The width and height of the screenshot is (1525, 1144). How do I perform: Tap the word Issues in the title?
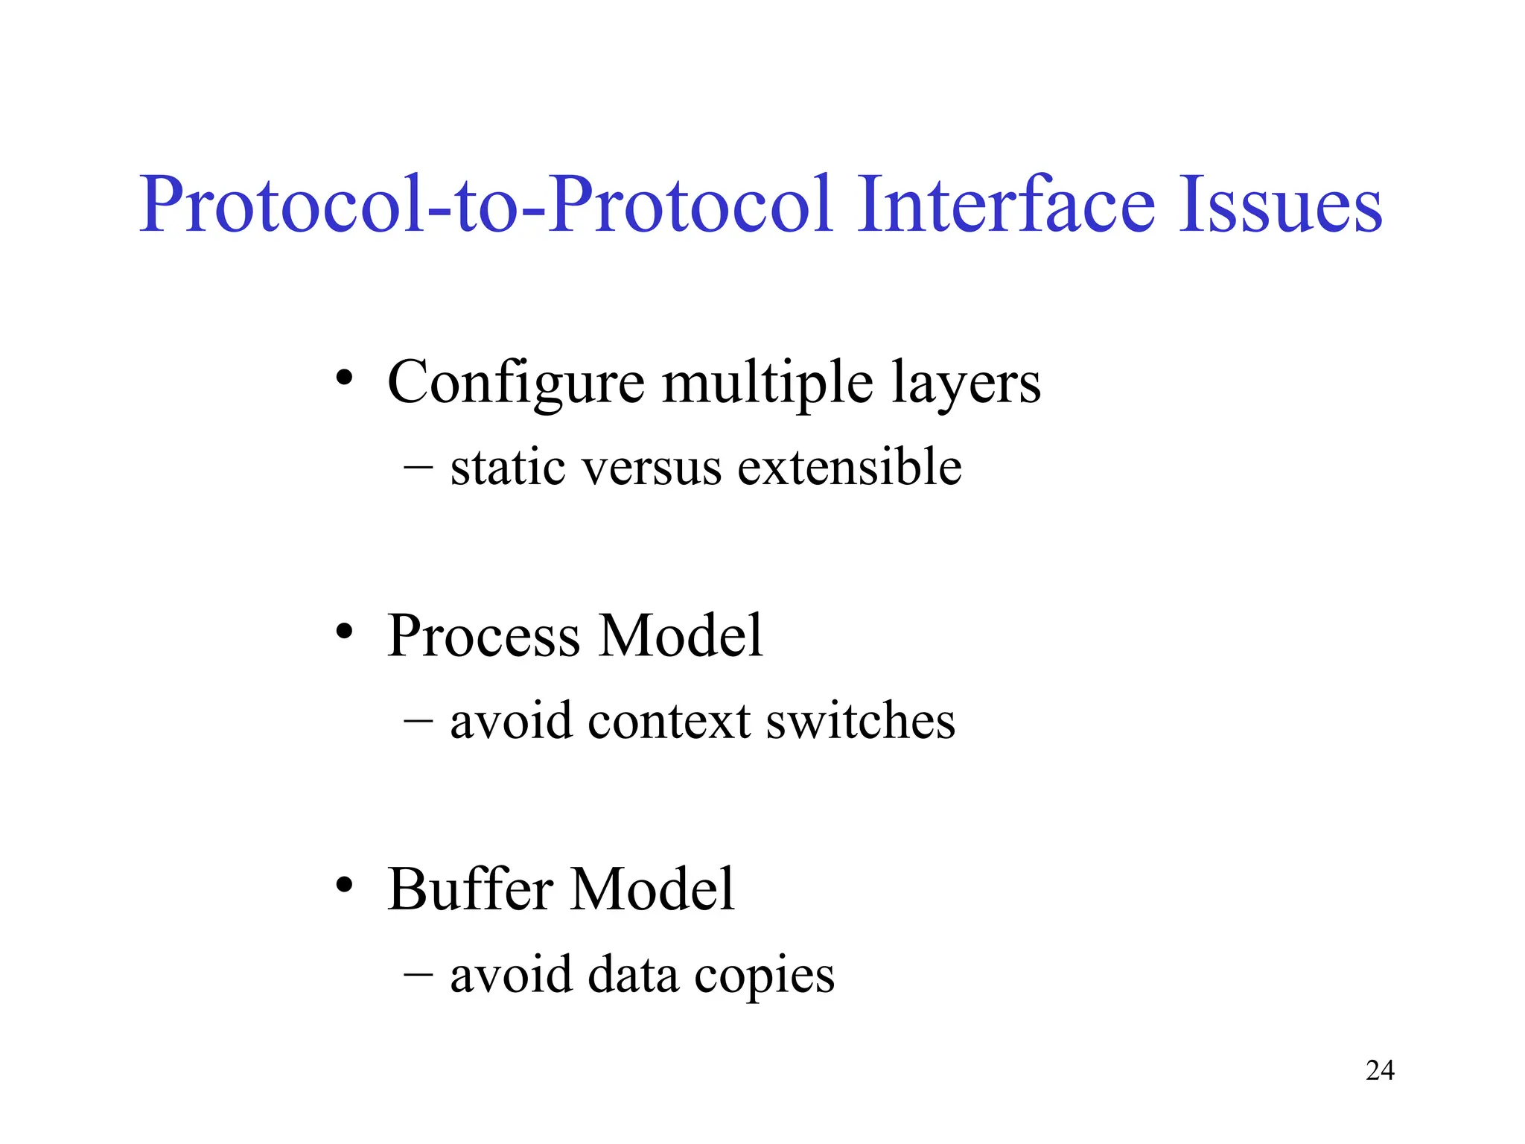(1280, 205)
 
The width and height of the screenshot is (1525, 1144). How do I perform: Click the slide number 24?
(1380, 1070)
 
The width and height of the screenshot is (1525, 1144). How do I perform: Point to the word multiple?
(767, 384)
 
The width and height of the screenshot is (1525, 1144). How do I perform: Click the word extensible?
(849, 468)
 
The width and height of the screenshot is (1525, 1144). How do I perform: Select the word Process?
(483, 636)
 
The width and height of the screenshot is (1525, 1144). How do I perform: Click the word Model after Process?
(681, 636)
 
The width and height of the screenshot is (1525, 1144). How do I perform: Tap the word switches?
(860, 720)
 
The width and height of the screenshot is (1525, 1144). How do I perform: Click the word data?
(633, 974)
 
